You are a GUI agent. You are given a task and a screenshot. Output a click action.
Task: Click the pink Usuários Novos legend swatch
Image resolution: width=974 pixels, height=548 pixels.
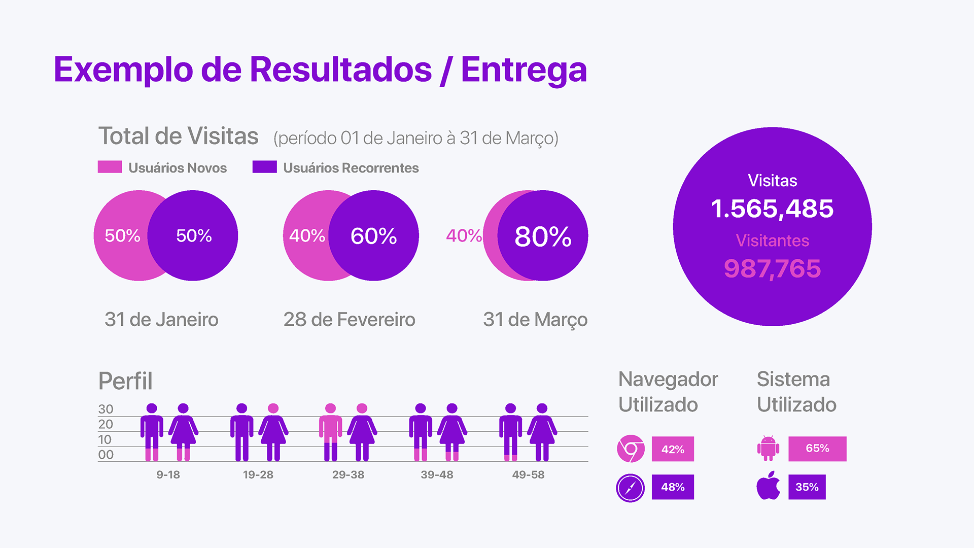[x=110, y=167]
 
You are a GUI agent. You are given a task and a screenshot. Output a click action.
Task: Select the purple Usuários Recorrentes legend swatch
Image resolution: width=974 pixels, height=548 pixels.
[x=264, y=167]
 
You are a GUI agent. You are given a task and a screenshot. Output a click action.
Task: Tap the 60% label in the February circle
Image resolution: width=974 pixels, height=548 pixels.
[x=373, y=236]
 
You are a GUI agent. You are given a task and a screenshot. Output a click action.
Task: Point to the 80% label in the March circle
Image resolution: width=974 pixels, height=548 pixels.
[x=543, y=236]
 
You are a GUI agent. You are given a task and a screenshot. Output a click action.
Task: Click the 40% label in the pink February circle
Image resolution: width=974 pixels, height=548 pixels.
[x=307, y=235]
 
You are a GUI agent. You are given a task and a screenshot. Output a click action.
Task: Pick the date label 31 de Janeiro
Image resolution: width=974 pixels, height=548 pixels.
[x=161, y=319]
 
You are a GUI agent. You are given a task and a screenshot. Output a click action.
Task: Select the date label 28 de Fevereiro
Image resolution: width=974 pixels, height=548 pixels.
[x=349, y=319]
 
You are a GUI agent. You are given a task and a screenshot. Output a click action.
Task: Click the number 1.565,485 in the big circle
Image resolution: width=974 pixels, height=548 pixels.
[x=772, y=209]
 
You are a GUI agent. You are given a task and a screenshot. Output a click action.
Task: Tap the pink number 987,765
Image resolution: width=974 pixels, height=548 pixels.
[x=772, y=268]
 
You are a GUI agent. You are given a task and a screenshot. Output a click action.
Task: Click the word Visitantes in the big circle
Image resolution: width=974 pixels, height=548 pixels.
[x=772, y=241]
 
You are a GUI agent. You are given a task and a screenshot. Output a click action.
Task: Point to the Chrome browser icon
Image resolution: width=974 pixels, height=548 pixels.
[x=631, y=449]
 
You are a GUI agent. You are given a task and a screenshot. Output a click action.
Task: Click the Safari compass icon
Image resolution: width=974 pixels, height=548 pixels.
[x=631, y=488]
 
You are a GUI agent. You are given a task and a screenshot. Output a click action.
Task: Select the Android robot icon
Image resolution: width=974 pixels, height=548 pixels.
[x=768, y=448]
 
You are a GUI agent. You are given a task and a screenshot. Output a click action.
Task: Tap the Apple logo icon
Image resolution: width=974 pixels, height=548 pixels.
[x=768, y=486]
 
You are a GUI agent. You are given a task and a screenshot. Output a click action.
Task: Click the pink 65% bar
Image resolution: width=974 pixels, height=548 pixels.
[x=817, y=449]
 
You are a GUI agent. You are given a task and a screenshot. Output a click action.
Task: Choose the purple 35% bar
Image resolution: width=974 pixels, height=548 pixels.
[x=807, y=487]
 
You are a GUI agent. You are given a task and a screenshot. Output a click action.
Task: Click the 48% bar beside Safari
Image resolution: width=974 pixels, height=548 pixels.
[x=673, y=487]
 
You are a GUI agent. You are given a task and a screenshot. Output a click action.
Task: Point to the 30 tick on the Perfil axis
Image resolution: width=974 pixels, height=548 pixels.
[x=106, y=409]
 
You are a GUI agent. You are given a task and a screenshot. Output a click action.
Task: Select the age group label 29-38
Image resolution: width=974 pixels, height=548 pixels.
[x=348, y=475]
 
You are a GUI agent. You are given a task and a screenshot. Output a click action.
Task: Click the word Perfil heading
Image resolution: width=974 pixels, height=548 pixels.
[x=125, y=381]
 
